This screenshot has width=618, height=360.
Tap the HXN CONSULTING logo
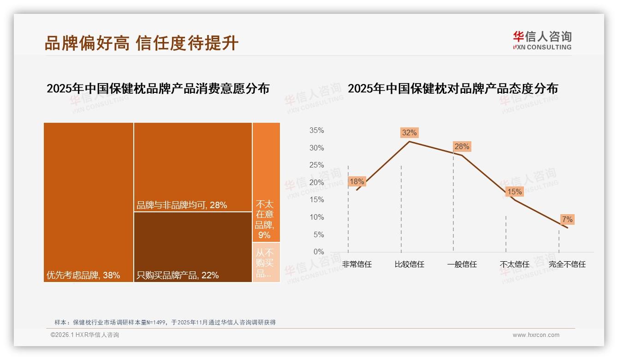542,40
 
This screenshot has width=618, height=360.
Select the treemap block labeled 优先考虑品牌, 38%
89,202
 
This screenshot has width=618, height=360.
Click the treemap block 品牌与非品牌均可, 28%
193,167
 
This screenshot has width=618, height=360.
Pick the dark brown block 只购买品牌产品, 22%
193,246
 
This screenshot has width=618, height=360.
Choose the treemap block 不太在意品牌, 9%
266,182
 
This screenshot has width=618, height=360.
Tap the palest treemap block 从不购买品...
266,262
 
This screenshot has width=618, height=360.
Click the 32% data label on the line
409,133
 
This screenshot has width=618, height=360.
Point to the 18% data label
357,181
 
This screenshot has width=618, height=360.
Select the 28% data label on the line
462,147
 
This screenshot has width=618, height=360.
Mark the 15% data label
514,192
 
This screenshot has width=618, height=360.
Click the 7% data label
567,219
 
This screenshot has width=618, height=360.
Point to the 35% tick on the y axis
316,131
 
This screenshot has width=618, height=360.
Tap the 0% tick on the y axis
318,252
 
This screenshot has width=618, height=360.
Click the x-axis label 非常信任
357,264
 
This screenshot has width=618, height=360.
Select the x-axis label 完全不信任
567,264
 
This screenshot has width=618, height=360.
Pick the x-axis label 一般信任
462,264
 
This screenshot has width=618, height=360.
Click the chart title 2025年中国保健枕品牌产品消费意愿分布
158,89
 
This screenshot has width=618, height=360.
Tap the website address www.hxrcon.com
536,335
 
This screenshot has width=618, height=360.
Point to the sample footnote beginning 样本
165,322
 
